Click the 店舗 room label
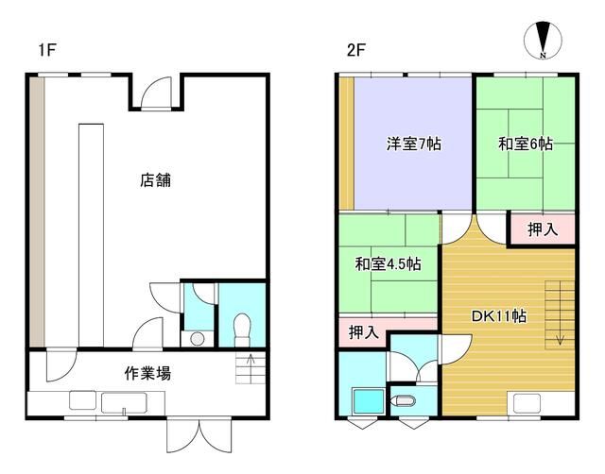[155, 180]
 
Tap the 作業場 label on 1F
[147, 373]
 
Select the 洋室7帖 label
[414, 144]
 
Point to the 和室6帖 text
[526, 144]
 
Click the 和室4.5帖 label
[388, 264]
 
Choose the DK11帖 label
[499, 316]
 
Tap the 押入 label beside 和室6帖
[543, 229]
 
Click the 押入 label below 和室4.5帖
[363, 332]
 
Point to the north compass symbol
[543, 40]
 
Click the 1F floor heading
[47, 50]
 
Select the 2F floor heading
[355, 50]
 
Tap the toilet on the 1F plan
[242, 330]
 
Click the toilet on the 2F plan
[403, 400]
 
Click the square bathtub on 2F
[369, 401]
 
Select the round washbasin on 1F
[198, 339]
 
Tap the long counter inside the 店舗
[91, 235]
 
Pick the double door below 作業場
[199, 436]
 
